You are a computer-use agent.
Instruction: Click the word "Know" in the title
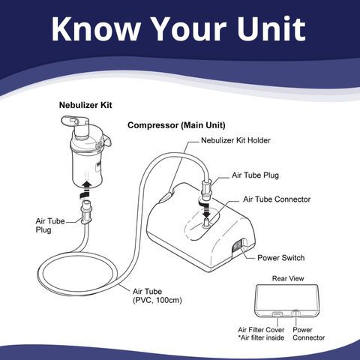click(x=95, y=28)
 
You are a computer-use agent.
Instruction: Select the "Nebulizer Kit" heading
click(x=85, y=105)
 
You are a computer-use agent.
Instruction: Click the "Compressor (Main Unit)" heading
click(x=176, y=125)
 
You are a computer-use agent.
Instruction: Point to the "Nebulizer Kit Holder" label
click(x=235, y=140)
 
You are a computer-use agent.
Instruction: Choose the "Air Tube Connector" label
click(x=277, y=199)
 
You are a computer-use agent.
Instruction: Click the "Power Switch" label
click(x=281, y=258)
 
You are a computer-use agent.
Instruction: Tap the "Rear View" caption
click(x=288, y=278)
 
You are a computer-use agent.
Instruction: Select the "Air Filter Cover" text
click(x=261, y=329)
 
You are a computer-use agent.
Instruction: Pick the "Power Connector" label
click(x=308, y=334)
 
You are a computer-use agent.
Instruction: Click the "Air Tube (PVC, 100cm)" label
click(x=157, y=295)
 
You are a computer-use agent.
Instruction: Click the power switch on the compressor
click(x=236, y=245)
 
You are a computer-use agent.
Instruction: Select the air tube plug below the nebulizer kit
click(x=86, y=211)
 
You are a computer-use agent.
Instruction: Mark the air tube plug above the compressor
click(x=206, y=190)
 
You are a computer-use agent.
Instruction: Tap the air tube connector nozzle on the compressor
click(x=206, y=222)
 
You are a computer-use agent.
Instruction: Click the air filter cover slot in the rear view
click(x=277, y=313)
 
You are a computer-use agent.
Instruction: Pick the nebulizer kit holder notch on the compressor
click(x=166, y=196)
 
